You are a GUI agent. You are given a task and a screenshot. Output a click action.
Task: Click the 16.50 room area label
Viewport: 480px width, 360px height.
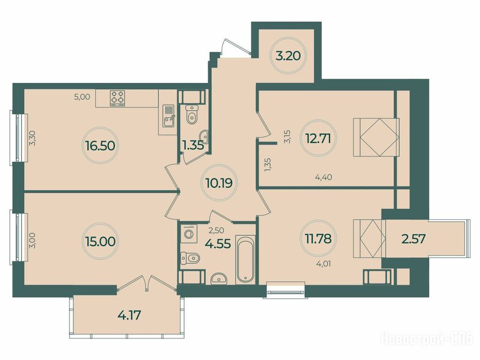coord(100,146)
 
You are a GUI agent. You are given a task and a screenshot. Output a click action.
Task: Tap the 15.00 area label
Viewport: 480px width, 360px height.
coord(99,241)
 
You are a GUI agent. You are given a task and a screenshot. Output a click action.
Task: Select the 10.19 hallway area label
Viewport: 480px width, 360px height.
coord(219,183)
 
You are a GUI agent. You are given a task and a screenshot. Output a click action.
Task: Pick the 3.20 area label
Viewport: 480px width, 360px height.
coord(288,56)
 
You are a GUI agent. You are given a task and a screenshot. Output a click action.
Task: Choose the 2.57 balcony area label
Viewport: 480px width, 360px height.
coord(413,239)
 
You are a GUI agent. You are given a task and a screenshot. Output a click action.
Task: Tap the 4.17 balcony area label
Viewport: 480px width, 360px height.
coord(129,315)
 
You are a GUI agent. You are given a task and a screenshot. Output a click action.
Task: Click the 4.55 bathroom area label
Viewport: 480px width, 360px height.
coord(218,244)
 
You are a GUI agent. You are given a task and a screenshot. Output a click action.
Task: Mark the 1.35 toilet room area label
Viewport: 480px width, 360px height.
coord(193,145)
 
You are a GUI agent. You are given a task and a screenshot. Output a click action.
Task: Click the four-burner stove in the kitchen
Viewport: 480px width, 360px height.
coord(118,98)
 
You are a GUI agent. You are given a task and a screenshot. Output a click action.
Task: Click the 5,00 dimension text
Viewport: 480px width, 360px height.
coord(82,97)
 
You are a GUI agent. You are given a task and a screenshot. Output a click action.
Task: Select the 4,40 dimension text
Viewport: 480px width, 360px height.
coord(323,177)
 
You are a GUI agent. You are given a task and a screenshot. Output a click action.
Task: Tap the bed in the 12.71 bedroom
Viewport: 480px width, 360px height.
coord(376,137)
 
